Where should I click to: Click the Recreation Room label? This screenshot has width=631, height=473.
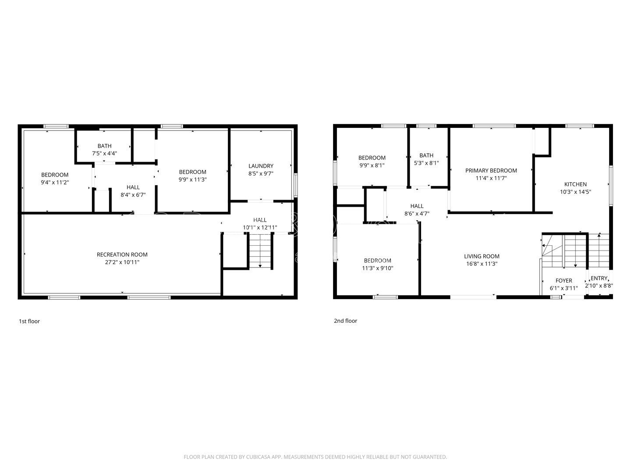tap(122, 254)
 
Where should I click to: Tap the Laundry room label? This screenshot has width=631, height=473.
tap(261, 166)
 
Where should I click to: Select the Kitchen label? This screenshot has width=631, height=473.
tap(575, 184)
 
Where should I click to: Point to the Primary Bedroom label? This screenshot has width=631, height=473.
tap(491, 170)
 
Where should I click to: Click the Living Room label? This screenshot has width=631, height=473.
tap(482, 256)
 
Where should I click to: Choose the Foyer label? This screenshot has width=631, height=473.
tap(564, 280)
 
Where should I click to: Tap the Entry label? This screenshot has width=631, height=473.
tap(599, 278)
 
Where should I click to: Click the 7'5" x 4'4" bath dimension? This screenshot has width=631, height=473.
tap(104, 153)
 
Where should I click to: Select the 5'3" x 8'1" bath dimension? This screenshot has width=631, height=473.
tap(426, 163)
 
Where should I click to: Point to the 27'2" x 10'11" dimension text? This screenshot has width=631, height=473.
tap(122, 262)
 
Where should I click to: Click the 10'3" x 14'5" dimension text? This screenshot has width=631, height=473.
tap(575, 191)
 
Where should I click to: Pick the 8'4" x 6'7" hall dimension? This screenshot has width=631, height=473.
tap(133, 195)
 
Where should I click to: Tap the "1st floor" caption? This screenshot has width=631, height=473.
tap(29, 321)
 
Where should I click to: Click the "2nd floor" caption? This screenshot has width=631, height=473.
tap(346, 321)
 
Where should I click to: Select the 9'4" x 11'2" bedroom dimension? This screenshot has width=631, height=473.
tap(55, 182)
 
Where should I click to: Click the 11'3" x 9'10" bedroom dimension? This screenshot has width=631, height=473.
tap(377, 268)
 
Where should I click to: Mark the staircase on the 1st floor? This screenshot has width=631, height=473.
tap(260, 251)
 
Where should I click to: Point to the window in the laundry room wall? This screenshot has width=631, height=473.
tap(295, 185)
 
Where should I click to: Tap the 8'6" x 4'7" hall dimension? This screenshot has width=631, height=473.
tap(417, 213)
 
